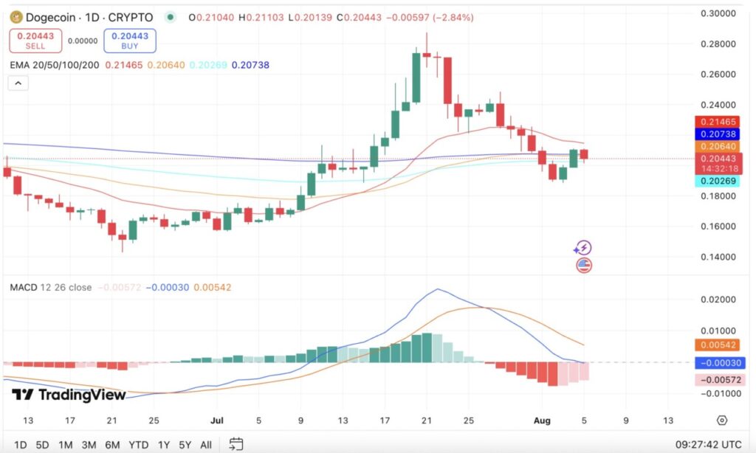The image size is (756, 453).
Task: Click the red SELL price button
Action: point(35,41)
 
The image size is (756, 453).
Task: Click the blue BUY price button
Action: point(130,41)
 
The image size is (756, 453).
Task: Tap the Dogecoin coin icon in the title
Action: point(13,17)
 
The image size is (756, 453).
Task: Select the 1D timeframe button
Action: point(21,445)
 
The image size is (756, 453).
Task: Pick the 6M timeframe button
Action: point(112,445)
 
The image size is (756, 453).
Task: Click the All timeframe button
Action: point(206,445)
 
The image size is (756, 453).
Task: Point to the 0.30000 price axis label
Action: point(718,13)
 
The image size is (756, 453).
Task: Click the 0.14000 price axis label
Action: point(718,257)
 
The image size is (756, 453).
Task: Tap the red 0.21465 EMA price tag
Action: point(720,121)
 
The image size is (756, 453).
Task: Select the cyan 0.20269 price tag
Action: point(720,181)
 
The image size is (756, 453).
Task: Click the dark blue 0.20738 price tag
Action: point(720,134)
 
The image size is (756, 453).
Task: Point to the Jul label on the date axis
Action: point(218,421)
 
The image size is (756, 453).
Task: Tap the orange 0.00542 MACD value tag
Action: point(720,345)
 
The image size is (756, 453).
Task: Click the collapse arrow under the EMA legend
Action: point(18,83)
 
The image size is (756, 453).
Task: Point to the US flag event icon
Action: point(584,265)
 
